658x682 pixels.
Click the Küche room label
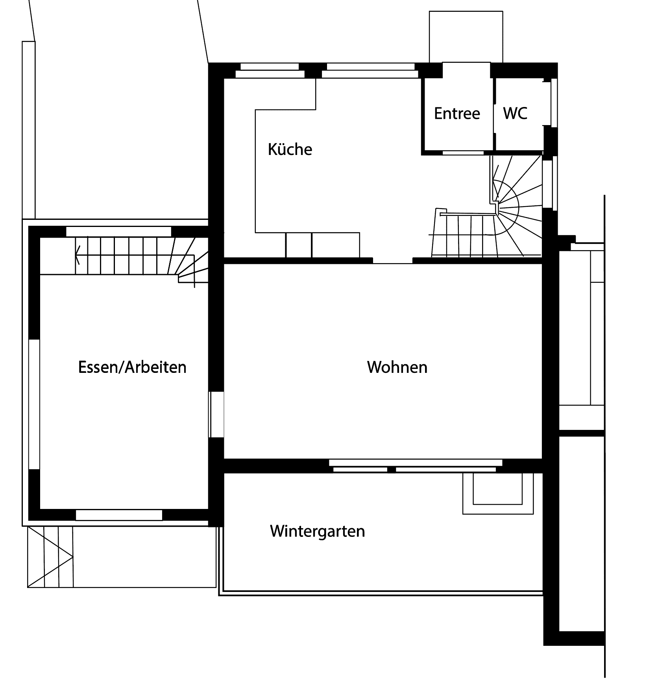tap(290, 149)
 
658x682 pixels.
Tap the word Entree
tap(457, 114)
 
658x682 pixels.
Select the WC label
tap(515, 113)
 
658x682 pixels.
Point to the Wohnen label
tap(397, 367)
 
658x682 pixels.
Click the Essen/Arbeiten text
tap(132, 367)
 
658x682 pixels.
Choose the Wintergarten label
tap(317, 531)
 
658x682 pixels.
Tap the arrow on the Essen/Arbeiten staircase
tap(78, 255)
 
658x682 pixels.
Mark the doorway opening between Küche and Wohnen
tap(393, 260)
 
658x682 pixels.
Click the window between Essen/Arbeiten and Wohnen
tap(216, 414)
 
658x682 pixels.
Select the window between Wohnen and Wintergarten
tap(415, 466)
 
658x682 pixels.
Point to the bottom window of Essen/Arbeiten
tap(119, 515)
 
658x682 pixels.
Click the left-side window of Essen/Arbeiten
tap(34, 404)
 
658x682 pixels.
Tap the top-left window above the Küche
tap(270, 70)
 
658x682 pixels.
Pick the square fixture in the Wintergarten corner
tap(498, 493)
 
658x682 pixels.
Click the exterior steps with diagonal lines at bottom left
tap(50, 557)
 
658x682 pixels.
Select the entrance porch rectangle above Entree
tap(466, 37)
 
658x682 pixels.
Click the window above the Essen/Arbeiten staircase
tap(118, 231)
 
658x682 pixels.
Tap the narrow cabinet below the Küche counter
tap(299, 245)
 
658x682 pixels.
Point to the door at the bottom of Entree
tap(463, 153)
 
